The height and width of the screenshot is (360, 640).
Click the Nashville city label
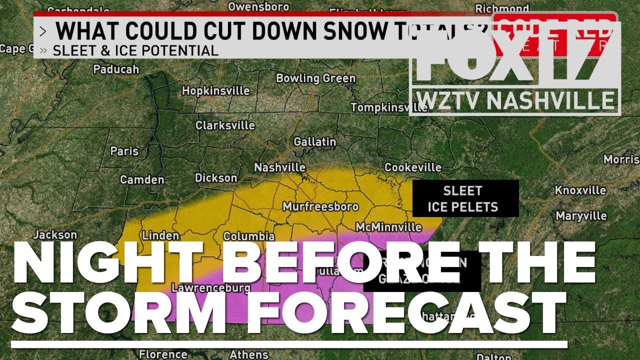(x=279, y=167)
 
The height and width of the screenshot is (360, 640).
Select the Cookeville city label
(x=412, y=167)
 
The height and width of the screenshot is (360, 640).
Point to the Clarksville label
(x=225, y=125)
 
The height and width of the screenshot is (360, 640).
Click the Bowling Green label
(x=315, y=78)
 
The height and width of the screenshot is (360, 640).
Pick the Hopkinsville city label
(x=215, y=91)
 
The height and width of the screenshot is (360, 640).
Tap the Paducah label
(x=116, y=69)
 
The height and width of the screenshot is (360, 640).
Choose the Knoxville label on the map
(x=580, y=190)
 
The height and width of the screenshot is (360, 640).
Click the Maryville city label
(x=581, y=216)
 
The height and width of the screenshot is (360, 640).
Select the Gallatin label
(x=314, y=142)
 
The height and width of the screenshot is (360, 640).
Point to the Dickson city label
(x=216, y=178)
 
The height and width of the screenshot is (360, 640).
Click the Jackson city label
(x=55, y=234)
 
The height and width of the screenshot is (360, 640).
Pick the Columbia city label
(x=248, y=236)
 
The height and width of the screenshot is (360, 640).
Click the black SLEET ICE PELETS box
(x=465, y=198)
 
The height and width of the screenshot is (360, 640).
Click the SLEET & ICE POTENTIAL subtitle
(x=135, y=50)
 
